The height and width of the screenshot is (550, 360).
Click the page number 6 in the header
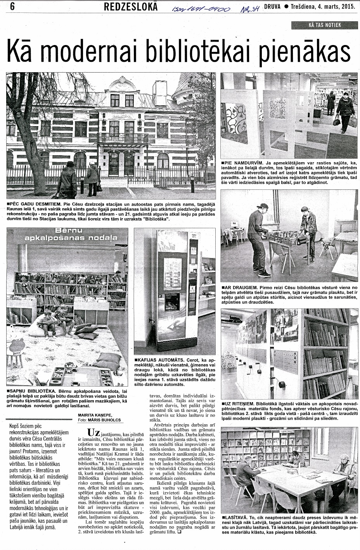[x=7, y=6]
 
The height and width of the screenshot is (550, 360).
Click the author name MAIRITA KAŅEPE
[x=95, y=415]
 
